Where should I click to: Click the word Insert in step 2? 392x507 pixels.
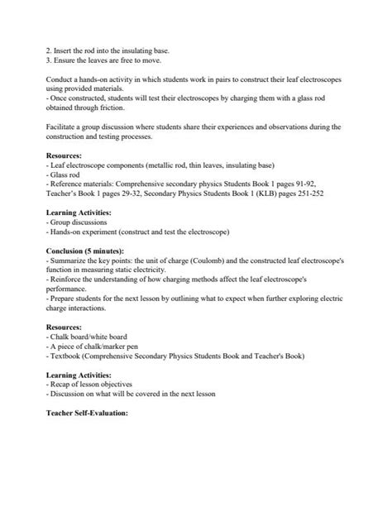point(63,49)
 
